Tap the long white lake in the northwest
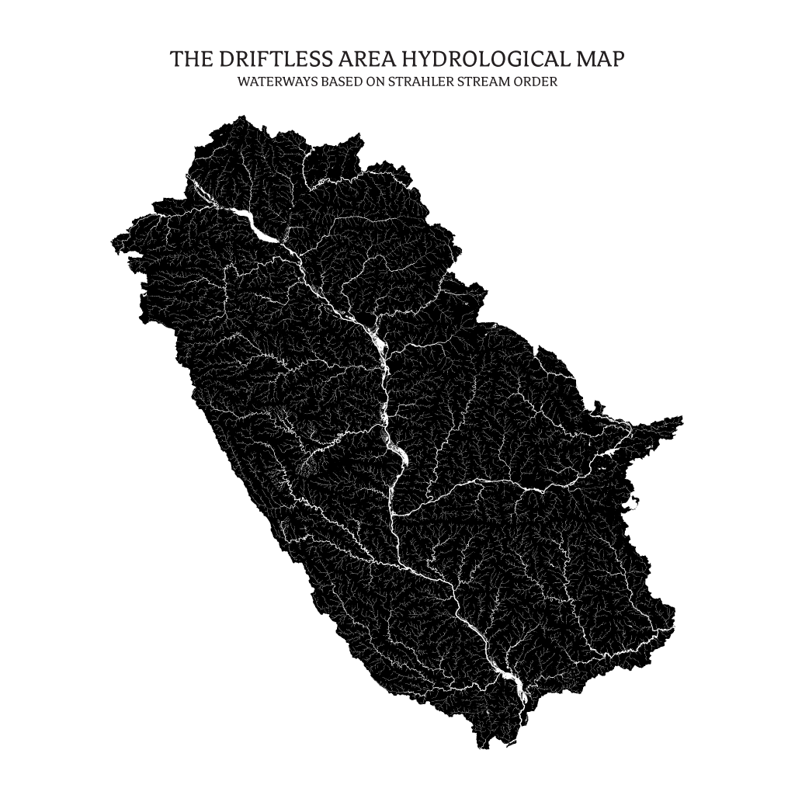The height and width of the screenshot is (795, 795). (x=256, y=227)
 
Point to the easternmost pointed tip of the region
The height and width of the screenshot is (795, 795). (x=682, y=418)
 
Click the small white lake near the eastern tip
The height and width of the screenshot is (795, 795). (x=607, y=457)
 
